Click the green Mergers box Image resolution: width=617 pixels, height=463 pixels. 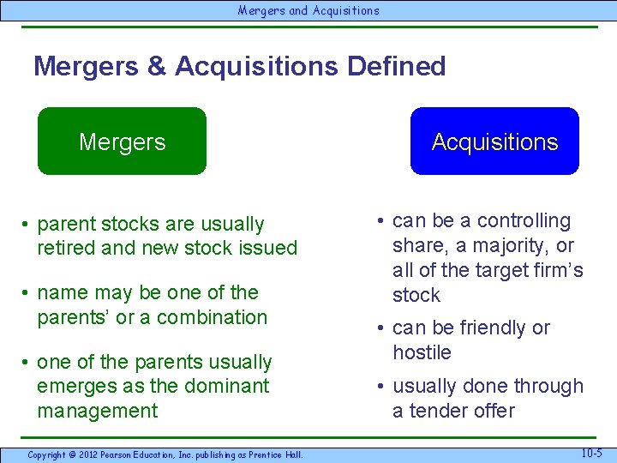click(x=122, y=141)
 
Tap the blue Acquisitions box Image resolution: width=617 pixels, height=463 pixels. click(x=494, y=141)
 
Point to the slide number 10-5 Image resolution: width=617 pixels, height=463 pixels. click(x=591, y=453)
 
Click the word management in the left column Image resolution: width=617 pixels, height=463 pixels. click(x=98, y=411)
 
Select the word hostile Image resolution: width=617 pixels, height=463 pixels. click(x=422, y=352)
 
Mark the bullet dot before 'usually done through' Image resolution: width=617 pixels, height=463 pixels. click(x=380, y=388)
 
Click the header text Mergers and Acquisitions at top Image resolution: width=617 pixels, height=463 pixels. click(x=308, y=10)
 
